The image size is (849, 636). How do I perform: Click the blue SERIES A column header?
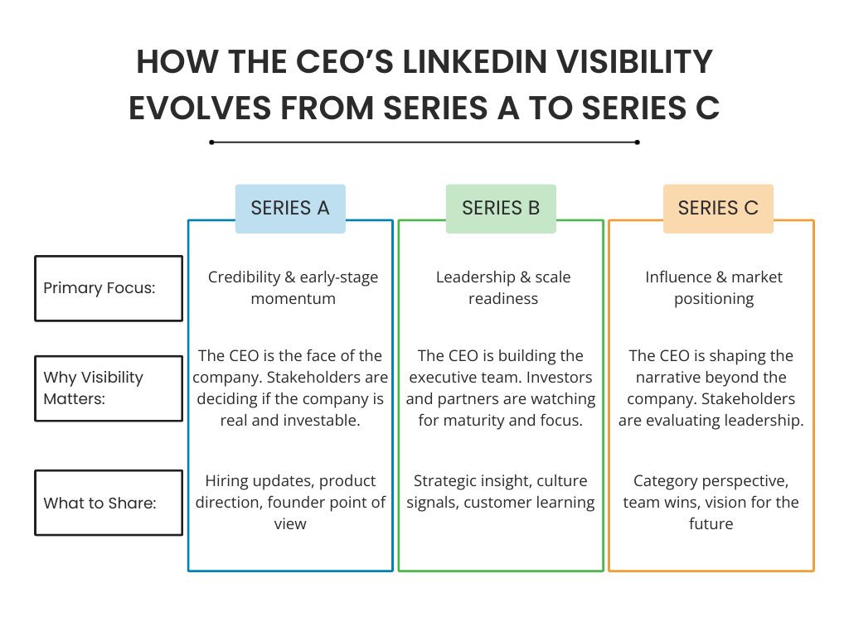[x=290, y=208]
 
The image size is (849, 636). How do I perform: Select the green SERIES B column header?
[x=500, y=208]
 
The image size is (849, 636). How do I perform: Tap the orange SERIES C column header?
[x=718, y=208]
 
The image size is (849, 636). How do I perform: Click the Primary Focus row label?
[x=109, y=288]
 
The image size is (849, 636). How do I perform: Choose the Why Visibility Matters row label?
[x=109, y=388]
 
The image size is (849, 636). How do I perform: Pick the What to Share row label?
[x=109, y=503]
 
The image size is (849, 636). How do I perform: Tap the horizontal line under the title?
[x=424, y=142]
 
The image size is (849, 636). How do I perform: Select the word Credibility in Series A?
[x=242, y=277]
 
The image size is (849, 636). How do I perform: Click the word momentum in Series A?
[x=293, y=299]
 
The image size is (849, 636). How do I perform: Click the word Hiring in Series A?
[x=229, y=481]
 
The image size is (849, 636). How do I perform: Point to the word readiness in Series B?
[x=502, y=299]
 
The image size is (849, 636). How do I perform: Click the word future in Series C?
[x=711, y=524]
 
